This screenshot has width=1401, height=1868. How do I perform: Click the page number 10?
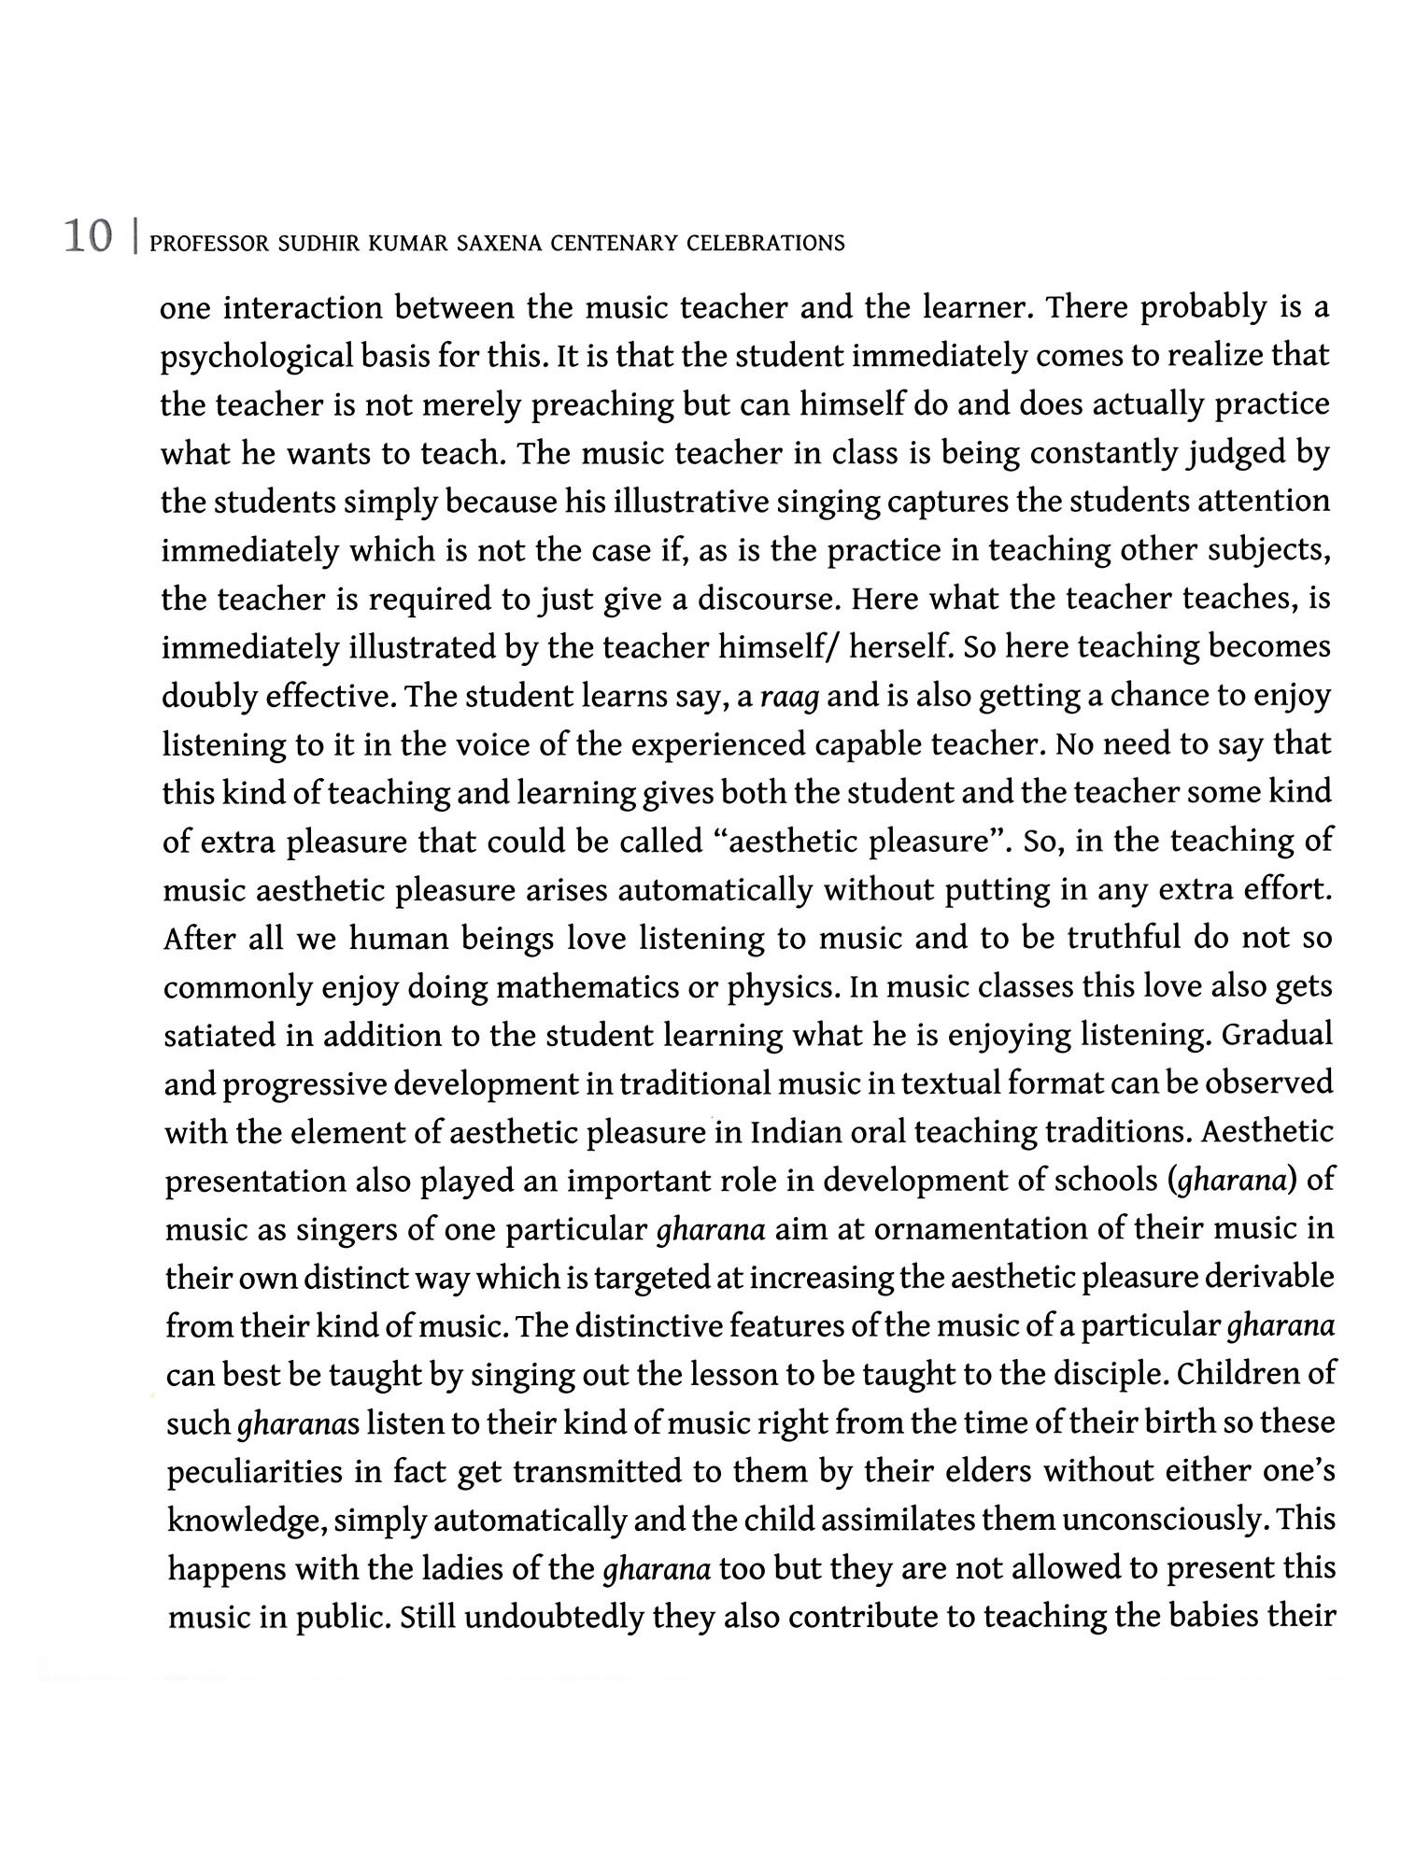coord(88,237)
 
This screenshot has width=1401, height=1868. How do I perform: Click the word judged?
coord(1237,454)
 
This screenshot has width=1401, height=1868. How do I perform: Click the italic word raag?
coord(790,697)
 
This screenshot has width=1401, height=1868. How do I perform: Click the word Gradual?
coord(1277,1035)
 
